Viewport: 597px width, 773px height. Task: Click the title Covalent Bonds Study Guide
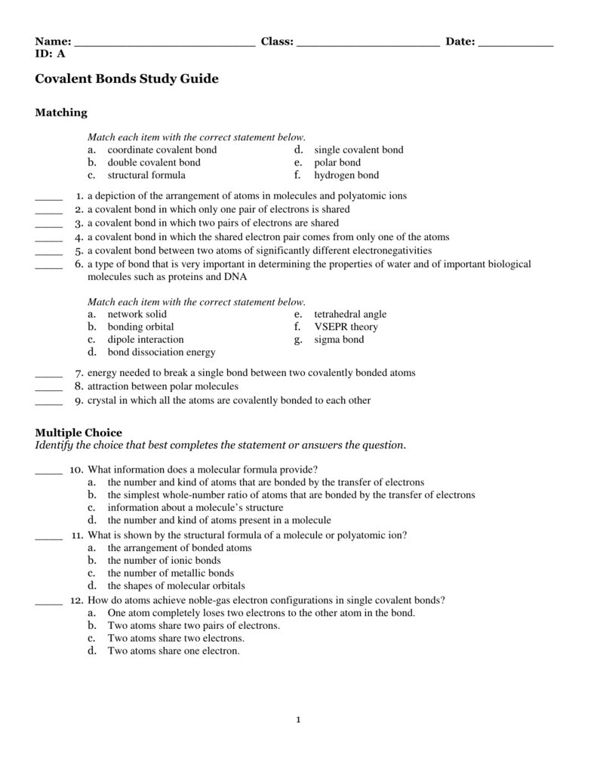[x=127, y=79]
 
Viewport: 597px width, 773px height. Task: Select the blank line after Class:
[x=368, y=44]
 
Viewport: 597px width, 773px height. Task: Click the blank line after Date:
[x=515, y=44]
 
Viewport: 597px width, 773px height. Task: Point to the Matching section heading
[x=62, y=112]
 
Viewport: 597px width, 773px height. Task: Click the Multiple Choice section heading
[x=78, y=433]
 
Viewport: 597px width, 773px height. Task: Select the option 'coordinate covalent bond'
[x=162, y=149]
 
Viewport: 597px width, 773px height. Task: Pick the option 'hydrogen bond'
[x=346, y=175]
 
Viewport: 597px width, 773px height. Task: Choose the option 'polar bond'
[x=337, y=162]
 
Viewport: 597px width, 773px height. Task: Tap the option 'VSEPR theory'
[x=346, y=327]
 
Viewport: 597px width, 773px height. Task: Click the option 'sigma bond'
[x=339, y=340]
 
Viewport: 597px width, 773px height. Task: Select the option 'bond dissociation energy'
[x=162, y=352]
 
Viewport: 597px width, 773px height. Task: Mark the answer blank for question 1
[x=49, y=199]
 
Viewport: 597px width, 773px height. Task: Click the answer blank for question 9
[x=49, y=403]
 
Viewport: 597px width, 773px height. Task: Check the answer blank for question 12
[x=49, y=603]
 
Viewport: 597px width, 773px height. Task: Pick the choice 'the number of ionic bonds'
[x=164, y=560]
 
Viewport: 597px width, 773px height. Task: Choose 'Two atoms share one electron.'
[x=174, y=650]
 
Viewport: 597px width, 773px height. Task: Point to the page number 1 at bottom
[x=299, y=719]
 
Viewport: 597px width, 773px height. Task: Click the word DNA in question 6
[x=235, y=277]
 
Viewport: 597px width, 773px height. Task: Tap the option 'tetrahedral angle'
[x=350, y=314]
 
